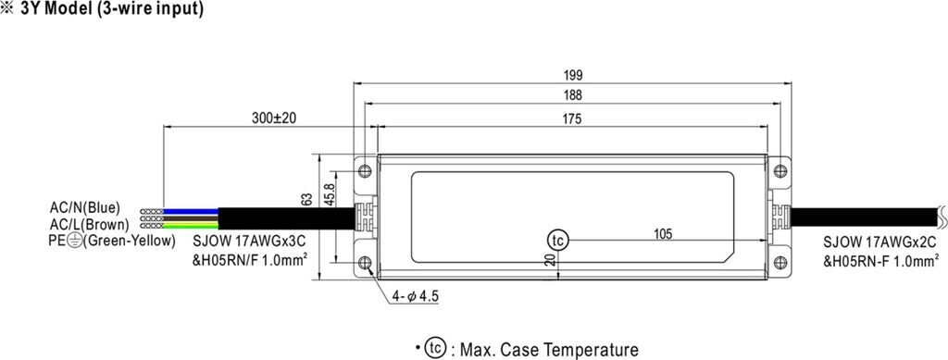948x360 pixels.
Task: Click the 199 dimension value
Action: coord(572,76)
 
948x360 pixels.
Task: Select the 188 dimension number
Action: coord(572,95)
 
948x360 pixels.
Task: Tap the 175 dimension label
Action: coord(572,119)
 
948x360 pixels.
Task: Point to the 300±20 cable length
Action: coord(274,119)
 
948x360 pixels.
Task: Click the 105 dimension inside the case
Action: coord(663,234)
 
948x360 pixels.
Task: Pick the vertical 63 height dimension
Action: coord(306,199)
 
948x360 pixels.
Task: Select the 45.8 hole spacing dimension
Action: coord(330,195)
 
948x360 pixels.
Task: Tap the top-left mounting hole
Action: coord(364,171)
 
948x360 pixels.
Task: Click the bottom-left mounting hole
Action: coord(364,279)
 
